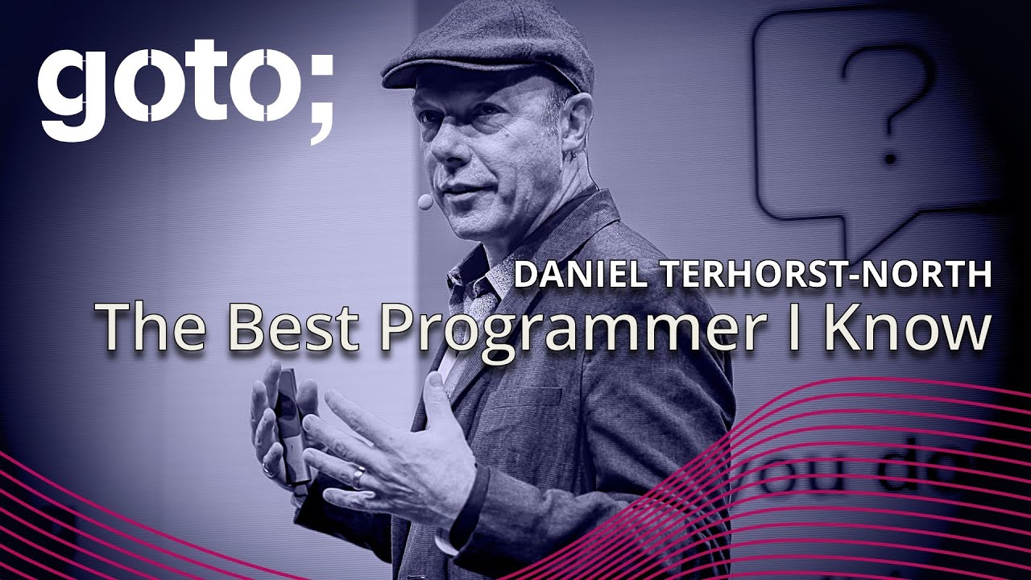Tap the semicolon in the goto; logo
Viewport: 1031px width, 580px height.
coord(320,97)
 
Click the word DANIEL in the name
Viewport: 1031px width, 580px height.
coord(581,275)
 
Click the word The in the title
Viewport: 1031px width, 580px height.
coord(152,329)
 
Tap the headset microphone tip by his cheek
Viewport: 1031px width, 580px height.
coord(424,202)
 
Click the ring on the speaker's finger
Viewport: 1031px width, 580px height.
coord(358,476)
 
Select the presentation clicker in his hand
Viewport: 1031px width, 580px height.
coord(290,427)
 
